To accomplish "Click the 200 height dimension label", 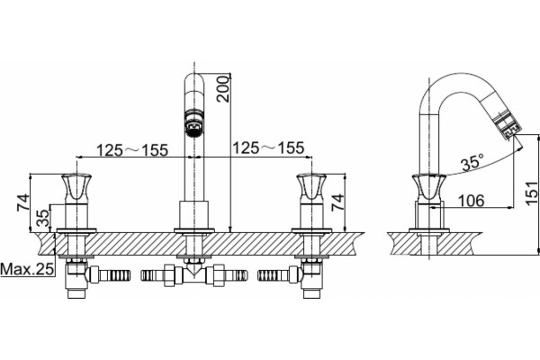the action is pyautogui.click(x=223, y=88).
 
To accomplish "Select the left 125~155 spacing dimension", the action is pyautogui.click(x=132, y=150).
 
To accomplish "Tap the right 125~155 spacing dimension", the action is pyautogui.click(x=268, y=148).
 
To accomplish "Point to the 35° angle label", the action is pyautogui.click(x=472, y=162).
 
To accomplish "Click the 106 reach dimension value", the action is pyautogui.click(x=471, y=200).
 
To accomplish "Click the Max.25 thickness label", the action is pyautogui.click(x=27, y=269).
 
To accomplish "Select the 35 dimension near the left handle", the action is pyautogui.click(x=44, y=218).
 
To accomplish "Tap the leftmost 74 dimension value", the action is pyautogui.click(x=23, y=202).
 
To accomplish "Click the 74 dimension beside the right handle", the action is pyautogui.click(x=337, y=202).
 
